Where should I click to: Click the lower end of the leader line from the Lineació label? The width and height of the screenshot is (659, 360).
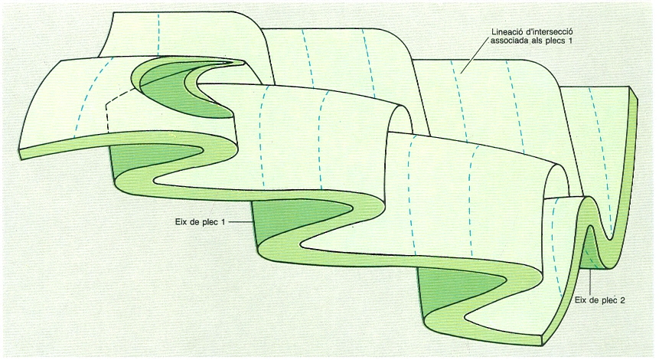(x=460, y=74)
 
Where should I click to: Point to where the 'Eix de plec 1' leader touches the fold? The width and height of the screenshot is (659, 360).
(x=253, y=221)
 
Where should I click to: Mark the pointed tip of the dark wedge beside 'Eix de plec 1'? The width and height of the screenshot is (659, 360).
(x=352, y=208)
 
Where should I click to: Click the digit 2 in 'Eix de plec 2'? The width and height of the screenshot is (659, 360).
(x=622, y=301)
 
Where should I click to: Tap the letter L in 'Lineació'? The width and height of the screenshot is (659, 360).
(x=494, y=32)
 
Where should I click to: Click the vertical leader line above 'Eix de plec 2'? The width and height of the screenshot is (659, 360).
(x=591, y=283)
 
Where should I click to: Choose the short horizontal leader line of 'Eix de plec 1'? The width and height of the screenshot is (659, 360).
(x=241, y=221)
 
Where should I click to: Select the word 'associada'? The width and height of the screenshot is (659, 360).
(x=507, y=41)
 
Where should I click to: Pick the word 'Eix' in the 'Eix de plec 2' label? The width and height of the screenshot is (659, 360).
(x=581, y=301)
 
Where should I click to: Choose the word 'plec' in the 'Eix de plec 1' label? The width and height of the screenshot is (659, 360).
(x=210, y=221)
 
